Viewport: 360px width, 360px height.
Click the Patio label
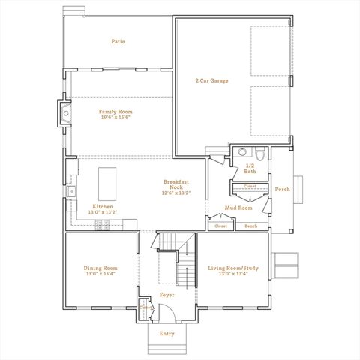pos(118,41)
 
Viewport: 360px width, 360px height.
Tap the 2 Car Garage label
pos(211,80)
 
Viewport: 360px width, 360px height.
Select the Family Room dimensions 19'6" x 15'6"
pos(115,117)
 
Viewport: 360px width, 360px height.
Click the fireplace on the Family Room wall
pos(65,114)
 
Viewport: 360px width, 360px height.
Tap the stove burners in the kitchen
pos(101,223)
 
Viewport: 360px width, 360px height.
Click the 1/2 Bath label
pos(250,168)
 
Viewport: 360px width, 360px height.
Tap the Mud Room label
pos(238,208)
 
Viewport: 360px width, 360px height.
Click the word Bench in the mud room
pos(251,226)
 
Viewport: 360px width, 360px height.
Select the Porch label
pos(282,189)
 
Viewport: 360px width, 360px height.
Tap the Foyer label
pos(166,295)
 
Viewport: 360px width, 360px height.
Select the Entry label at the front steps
pos(166,333)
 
